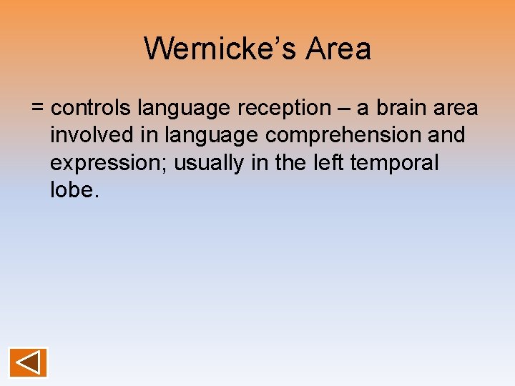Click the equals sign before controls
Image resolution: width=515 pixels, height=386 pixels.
point(38,109)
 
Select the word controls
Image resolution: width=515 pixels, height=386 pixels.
point(92,108)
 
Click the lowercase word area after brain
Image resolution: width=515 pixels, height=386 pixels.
point(456,109)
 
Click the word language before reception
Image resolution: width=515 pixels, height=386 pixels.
point(185,109)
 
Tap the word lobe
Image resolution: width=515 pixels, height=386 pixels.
point(71,189)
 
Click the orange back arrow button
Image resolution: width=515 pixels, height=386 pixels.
point(29,362)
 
